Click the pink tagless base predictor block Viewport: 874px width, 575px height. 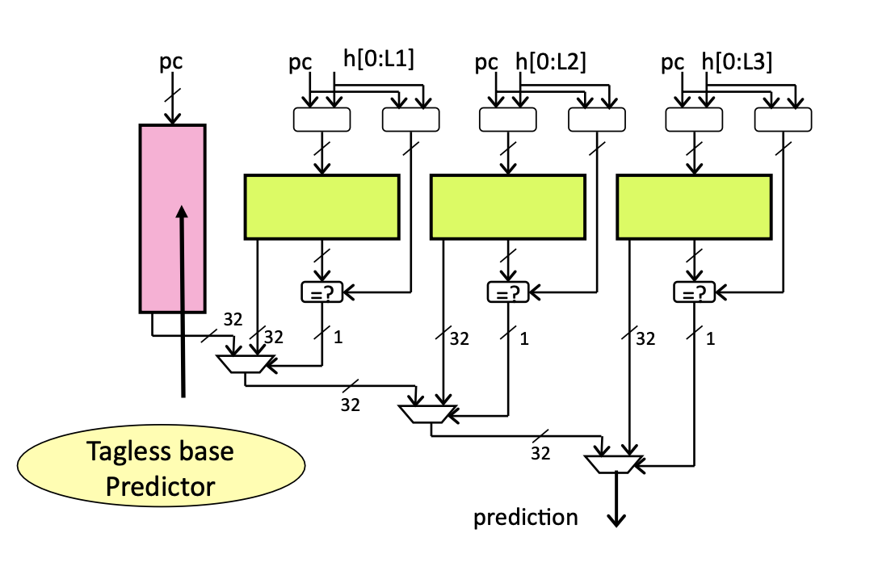click(x=172, y=218)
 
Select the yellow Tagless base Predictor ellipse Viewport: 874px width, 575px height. click(x=162, y=468)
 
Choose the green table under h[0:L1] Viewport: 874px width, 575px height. click(x=321, y=207)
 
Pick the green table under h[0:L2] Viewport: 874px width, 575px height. click(x=507, y=207)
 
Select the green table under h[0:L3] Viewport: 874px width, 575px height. click(x=693, y=207)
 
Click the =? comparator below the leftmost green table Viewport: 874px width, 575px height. click(x=321, y=292)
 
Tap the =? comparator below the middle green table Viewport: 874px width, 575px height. click(x=507, y=292)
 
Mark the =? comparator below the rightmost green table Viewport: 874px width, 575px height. click(x=693, y=292)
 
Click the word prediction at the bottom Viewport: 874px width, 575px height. click(x=526, y=518)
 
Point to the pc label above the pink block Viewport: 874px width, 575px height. click(x=170, y=62)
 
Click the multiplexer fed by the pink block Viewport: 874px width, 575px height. click(x=243, y=365)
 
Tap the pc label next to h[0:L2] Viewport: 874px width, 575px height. click(x=486, y=62)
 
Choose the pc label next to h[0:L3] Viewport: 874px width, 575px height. click(x=673, y=62)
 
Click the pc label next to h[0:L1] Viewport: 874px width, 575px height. click(x=300, y=62)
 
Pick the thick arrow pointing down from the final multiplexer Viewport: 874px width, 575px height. click(x=616, y=501)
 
